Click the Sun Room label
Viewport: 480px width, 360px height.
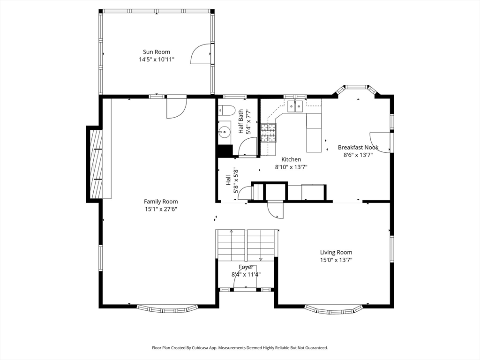tap(157, 52)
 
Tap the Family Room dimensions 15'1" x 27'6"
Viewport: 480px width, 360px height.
tap(161, 210)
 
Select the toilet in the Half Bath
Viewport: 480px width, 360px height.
tap(226, 110)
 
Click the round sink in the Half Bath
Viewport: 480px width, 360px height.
tap(225, 132)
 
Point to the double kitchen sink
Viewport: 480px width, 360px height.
tap(295, 106)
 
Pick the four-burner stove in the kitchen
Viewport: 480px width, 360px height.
tap(269, 133)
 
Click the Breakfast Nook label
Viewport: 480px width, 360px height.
tap(358, 147)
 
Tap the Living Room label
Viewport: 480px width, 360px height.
tap(336, 252)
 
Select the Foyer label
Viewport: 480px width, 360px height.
tap(246, 267)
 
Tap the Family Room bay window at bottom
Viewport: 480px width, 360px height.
tap(167, 308)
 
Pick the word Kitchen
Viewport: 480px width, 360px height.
tap(291, 159)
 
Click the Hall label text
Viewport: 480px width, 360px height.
tap(228, 180)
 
